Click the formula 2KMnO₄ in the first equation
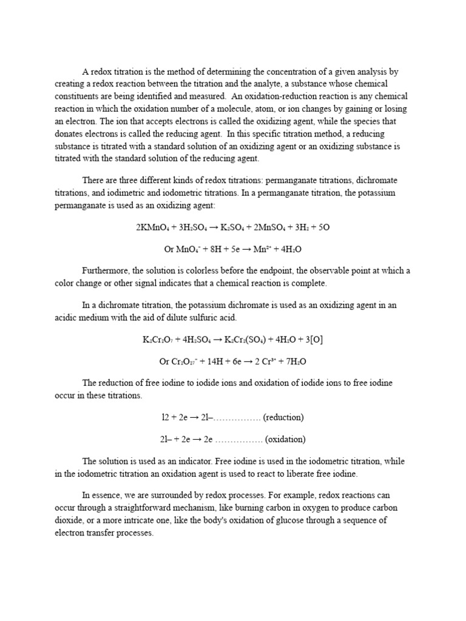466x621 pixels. (x=154, y=227)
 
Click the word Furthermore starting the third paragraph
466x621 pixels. (x=105, y=271)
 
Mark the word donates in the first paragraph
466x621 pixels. (x=69, y=133)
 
